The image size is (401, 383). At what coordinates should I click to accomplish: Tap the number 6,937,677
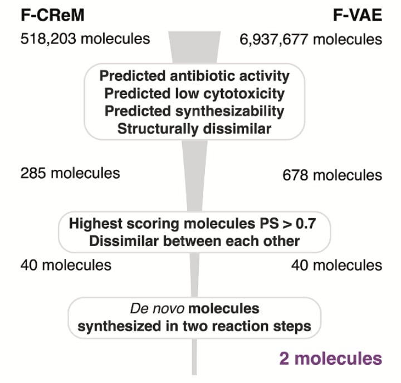point(275,39)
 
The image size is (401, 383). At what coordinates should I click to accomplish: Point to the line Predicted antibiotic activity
point(194,76)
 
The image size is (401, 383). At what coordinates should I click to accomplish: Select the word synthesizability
point(242,111)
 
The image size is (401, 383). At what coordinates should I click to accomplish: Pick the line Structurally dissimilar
point(194,129)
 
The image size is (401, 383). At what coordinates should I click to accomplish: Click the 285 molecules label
point(70,173)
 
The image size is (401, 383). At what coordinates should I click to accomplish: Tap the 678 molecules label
point(332,175)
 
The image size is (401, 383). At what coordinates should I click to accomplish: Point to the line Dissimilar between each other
point(194,241)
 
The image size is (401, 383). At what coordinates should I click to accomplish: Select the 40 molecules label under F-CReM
point(66,264)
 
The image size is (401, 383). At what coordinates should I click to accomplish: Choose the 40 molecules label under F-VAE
point(336,264)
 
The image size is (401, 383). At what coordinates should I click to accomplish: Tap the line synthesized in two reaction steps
point(194,326)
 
